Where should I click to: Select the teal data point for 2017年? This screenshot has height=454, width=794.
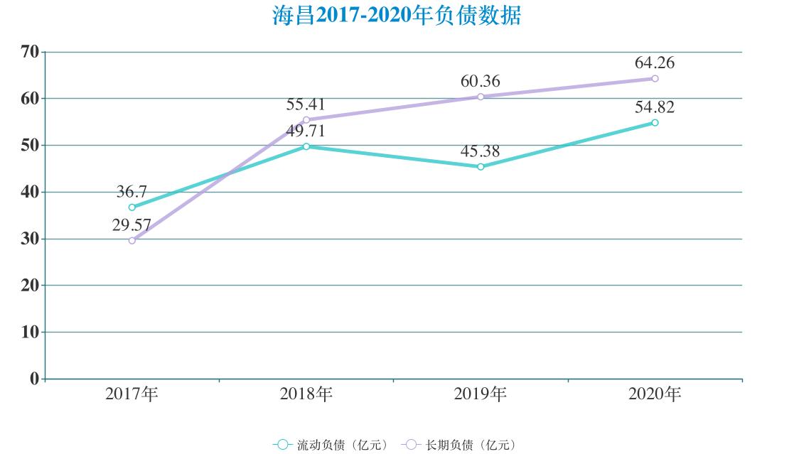(x=132, y=207)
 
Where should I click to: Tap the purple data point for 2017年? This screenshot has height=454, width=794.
(x=132, y=241)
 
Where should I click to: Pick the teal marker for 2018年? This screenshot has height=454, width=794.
(x=306, y=146)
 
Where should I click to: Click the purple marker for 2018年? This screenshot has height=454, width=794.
(x=306, y=120)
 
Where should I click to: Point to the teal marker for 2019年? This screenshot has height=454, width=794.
(x=481, y=167)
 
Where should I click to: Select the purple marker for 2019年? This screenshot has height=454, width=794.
(x=481, y=97)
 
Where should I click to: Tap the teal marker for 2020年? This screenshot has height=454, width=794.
(x=655, y=123)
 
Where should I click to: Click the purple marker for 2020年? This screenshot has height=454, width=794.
(x=655, y=78)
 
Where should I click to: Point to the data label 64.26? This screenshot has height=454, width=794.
(x=655, y=63)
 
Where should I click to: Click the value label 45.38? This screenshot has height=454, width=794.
(x=481, y=151)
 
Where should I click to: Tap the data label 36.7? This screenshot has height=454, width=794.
(x=132, y=192)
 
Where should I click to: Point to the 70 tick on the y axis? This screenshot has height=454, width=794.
(x=29, y=51)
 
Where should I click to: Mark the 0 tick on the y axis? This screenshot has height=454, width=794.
(x=33, y=379)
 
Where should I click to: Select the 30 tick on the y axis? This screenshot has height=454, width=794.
(x=29, y=239)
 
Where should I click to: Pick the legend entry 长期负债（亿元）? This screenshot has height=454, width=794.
(x=458, y=445)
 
